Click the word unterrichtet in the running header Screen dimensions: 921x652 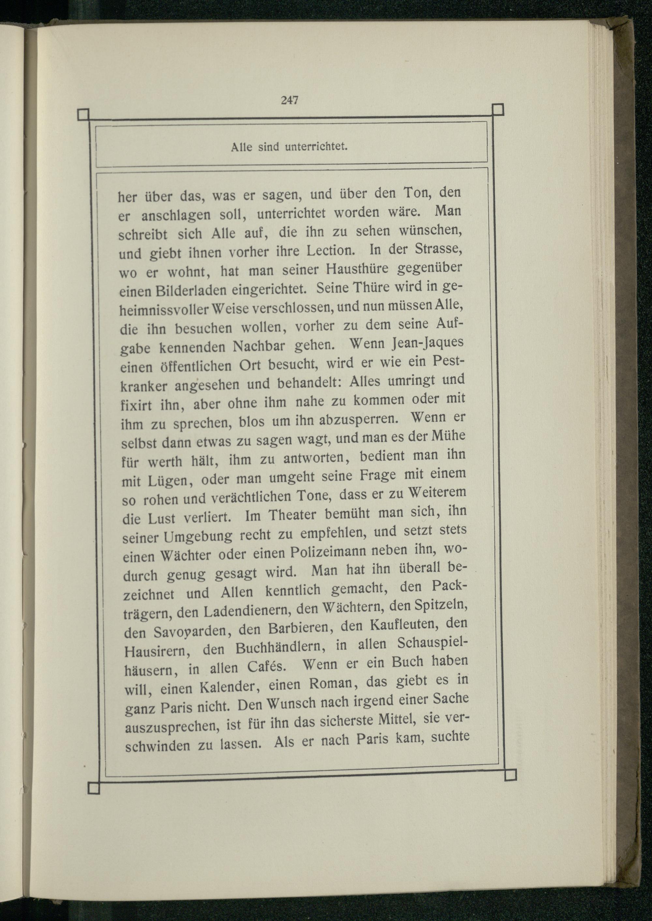coord(316,147)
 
